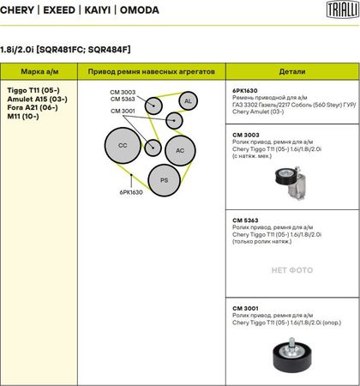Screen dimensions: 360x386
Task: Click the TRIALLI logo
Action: coord(343,9)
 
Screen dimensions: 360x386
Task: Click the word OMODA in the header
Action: coord(140,10)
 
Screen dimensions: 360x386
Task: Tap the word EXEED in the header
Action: coord(59,10)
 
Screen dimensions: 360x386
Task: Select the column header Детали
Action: coord(292,71)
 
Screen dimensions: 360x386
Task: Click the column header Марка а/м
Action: coord(39,71)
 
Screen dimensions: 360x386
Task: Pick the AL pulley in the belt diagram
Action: coord(188,101)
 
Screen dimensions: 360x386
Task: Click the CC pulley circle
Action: coord(123,145)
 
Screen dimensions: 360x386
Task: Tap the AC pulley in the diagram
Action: coord(180,150)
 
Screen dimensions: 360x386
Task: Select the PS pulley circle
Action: coord(165,180)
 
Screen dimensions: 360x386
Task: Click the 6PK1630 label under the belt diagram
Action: coord(131,192)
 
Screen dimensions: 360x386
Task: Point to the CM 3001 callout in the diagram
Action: coord(123,112)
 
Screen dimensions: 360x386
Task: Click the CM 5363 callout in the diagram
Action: coord(123,100)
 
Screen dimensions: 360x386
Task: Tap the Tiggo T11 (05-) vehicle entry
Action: coord(33,90)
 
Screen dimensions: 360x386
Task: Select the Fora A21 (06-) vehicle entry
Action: coord(33,107)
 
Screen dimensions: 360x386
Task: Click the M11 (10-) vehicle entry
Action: coord(23,117)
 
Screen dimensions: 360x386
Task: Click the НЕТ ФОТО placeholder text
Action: coord(292,270)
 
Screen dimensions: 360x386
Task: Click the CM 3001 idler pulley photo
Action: coord(292,354)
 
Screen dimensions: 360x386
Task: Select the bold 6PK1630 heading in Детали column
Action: coord(245,91)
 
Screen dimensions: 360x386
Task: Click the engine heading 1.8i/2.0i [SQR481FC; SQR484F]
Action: coord(65,50)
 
